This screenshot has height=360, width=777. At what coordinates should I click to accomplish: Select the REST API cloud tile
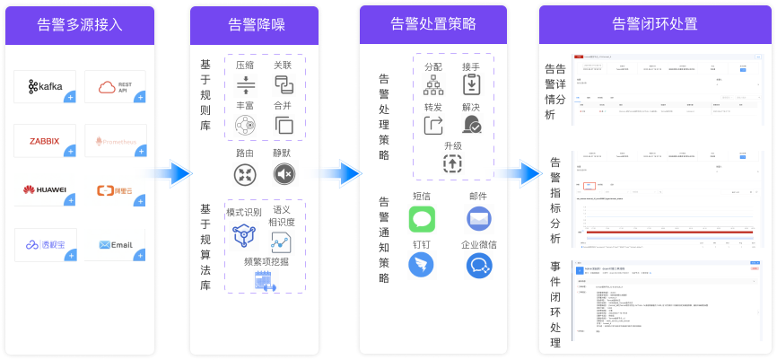(115, 86)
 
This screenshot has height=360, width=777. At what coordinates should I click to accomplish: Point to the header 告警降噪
(254, 24)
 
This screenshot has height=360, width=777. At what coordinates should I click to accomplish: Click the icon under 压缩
(245, 85)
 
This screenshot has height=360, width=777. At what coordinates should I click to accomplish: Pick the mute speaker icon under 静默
(284, 174)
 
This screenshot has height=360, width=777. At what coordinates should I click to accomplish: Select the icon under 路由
(245, 174)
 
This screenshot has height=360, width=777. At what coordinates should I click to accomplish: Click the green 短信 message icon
(422, 218)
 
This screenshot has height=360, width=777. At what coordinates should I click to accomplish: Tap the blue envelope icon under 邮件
(478, 218)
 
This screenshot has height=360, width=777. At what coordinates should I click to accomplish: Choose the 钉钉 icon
(422, 265)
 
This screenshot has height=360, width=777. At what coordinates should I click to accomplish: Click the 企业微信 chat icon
(478, 265)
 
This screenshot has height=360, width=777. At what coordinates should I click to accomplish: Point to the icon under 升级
(452, 163)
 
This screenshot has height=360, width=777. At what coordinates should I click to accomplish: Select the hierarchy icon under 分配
(434, 85)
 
